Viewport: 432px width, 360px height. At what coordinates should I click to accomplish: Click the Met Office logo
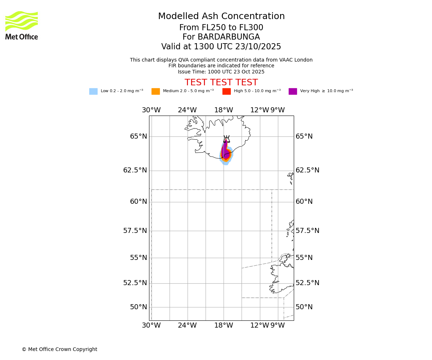[x=22, y=25]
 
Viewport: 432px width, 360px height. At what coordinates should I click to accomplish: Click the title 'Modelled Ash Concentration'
[x=221, y=17]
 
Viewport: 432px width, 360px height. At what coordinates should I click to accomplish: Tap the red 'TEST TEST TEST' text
[x=221, y=83]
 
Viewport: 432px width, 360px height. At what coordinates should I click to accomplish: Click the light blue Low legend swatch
[x=93, y=91]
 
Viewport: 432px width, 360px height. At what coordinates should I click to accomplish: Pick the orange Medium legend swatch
[x=156, y=91]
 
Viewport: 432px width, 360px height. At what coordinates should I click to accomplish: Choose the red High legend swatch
[x=226, y=91]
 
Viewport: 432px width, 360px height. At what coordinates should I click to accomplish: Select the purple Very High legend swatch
[x=293, y=91]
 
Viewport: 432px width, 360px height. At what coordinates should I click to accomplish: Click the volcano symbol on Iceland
[x=226, y=139]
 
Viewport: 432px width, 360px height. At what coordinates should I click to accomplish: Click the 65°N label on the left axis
[x=139, y=136]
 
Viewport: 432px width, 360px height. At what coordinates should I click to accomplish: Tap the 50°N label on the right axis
[x=304, y=307]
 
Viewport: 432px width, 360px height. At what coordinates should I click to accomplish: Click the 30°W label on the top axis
[x=151, y=110]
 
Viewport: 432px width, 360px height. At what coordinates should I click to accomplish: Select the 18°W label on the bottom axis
[x=224, y=325]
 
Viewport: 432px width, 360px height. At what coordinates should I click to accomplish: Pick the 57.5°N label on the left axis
[x=135, y=231]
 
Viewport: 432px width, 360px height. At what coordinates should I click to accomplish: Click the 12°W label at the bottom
[x=260, y=325]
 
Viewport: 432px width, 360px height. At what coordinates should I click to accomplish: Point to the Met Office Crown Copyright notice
[x=59, y=350]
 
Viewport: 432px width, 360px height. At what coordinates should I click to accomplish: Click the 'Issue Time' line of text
[x=221, y=72]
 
